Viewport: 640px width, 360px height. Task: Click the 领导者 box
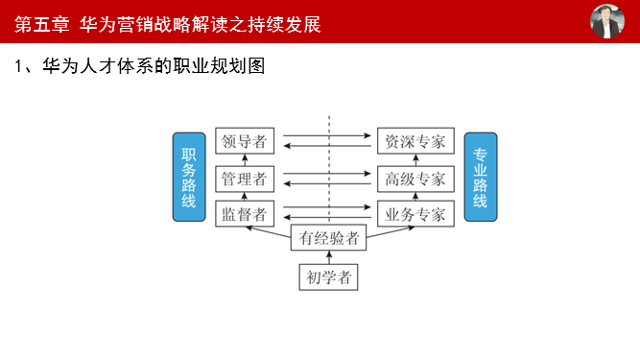tap(243, 142)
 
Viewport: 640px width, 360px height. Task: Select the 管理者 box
tap(243, 179)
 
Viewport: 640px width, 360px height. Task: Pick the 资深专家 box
tap(415, 142)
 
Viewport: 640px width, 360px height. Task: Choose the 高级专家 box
tap(415, 179)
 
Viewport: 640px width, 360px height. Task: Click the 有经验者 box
tap(328, 238)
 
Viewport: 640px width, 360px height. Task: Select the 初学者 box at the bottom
tap(328, 278)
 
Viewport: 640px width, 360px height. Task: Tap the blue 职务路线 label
tap(189, 178)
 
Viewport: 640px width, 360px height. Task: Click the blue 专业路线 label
tap(480, 178)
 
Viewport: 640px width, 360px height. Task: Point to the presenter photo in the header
tap(606, 21)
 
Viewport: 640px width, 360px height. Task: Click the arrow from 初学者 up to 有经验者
tap(328, 258)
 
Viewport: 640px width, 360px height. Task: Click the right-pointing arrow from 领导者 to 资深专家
tap(326, 135)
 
